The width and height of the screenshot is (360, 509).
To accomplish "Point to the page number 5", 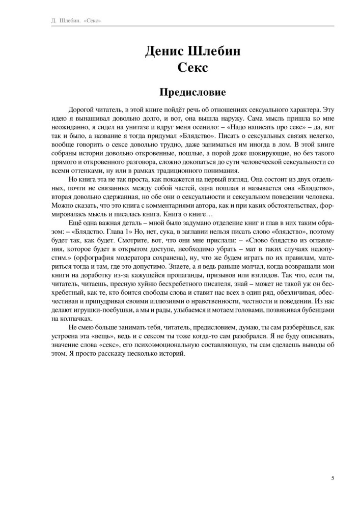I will [333, 478].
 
